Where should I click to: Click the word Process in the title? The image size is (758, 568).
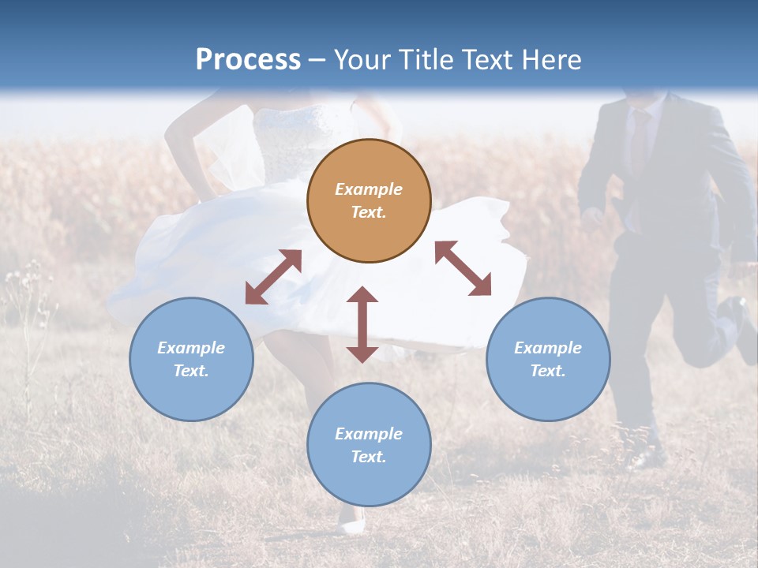coord(248,59)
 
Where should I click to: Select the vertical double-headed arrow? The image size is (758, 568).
coord(362,324)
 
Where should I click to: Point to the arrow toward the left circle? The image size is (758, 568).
coord(273,277)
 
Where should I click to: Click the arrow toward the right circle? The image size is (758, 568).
coord(463,268)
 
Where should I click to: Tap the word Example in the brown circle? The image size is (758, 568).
coord(369,189)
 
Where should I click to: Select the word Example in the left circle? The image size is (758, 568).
coord(191,348)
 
